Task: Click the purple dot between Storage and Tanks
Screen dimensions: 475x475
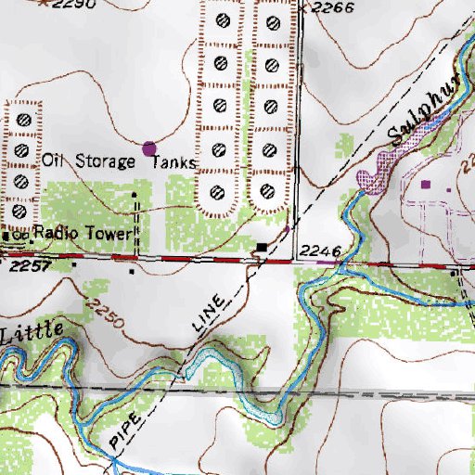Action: click(149, 147)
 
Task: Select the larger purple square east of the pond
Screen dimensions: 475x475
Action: click(426, 186)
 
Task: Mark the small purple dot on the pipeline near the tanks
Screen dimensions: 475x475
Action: click(287, 227)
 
